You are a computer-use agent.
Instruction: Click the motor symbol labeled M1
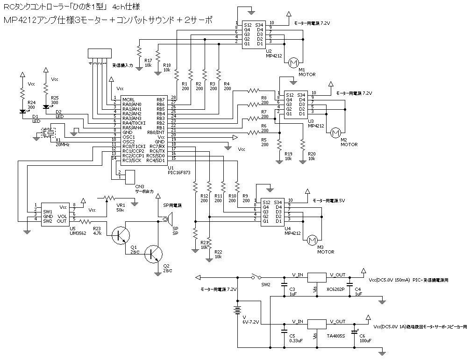[x=293, y=63]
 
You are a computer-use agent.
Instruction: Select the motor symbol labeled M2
[x=335, y=133]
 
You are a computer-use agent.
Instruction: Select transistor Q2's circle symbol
[x=153, y=254]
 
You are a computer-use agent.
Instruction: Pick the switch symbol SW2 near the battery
[x=256, y=277]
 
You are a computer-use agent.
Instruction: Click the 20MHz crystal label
[x=62, y=145]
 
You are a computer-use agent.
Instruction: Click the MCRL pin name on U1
[x=129, y=99]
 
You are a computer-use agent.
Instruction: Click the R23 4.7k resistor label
[x=97, y=230]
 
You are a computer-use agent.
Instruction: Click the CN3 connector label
[x=139, y=186]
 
